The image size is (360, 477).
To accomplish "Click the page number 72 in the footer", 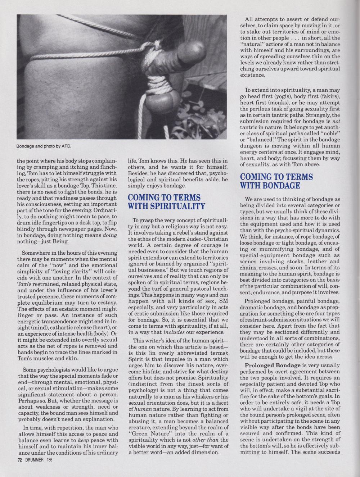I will (19, 460).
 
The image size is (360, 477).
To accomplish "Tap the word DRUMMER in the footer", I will (33, 460).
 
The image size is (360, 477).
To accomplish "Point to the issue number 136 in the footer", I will (49, 460).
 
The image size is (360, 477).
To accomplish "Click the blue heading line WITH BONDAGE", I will (270, 186).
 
